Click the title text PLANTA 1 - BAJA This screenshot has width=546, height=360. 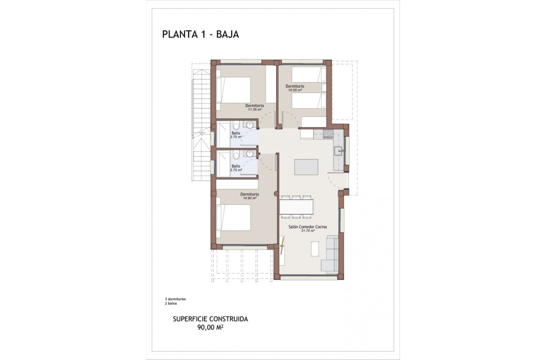[200, 34]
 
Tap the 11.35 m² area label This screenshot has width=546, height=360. [254, 109]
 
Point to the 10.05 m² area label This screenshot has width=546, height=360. [295, 90]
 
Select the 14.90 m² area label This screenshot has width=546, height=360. [249, 198]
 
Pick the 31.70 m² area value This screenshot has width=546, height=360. [308, 231]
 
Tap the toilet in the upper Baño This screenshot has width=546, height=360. [236, 126]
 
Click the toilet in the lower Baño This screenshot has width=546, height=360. [236, 155]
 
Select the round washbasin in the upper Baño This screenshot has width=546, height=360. [250, 125]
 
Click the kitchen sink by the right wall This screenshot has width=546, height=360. [338, 150]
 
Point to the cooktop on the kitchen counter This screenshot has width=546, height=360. [327, 134]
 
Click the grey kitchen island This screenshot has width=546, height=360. [306, 167]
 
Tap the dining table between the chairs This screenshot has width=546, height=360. [296, 207]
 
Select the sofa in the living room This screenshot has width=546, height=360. [330, 255]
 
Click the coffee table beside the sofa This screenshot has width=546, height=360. [315, 249]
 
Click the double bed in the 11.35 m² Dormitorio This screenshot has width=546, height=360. [234, 90]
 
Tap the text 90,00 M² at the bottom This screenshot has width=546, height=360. [210, 327]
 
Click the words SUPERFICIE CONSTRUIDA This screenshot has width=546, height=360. [210, 319]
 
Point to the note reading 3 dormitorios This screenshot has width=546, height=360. [175, 299]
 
